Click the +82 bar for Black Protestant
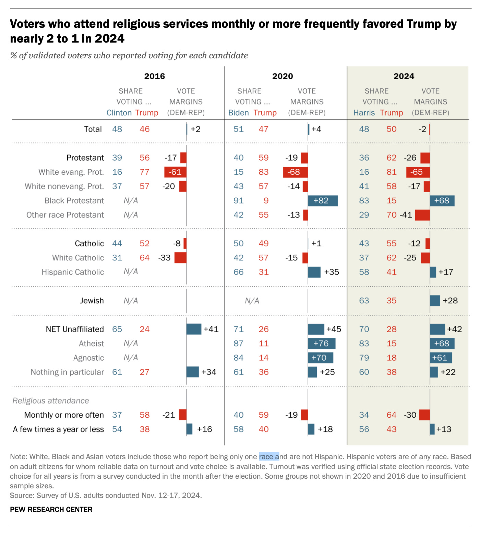point(323,201)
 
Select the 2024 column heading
point(404,76)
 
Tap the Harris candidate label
point(364,113)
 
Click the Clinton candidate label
point(119,113)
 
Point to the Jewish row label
point(92,301)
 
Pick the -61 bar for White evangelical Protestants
point(175,172)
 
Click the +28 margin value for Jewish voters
point(450,301)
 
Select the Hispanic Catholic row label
point(73,272)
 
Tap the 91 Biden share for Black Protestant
point(239,200)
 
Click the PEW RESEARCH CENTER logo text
point(51,510)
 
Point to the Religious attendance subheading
point(51,401)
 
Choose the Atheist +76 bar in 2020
point(322,344)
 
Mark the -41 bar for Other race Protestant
point(422,215)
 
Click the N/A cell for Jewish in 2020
point(252,301)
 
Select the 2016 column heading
point(154,76)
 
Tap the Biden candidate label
point(239,113)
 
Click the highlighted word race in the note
point(266,457)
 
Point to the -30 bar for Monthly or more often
point(424,415)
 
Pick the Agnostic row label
point(88,358)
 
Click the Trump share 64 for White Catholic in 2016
point(145,258)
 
